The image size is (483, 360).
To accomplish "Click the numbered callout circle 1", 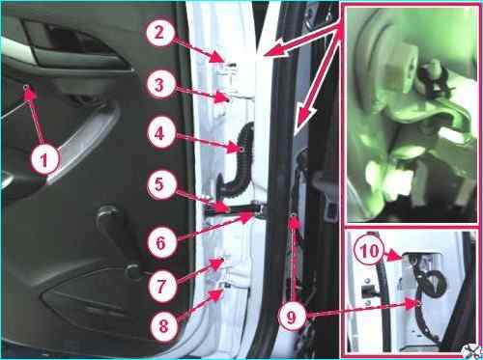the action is click(44, 159).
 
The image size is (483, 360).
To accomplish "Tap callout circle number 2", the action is click(159, 33).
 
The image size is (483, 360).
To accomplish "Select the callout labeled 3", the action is click(159, 85).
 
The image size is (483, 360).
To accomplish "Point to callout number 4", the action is click(159, 133).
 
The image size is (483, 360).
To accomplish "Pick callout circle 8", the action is click(163, 326).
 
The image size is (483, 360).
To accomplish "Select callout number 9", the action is click(291, 318).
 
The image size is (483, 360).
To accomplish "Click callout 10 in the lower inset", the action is click(369, 251).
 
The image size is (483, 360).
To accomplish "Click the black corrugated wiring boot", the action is click(238, 161).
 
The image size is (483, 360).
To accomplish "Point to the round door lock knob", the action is click(132, 272).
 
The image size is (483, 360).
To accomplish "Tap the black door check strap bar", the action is click(232, 210).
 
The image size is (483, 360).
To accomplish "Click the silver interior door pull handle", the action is click(84, 142).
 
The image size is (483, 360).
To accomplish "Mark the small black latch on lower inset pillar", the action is click(368, 291).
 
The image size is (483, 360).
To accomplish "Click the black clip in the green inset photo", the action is click(432, 76).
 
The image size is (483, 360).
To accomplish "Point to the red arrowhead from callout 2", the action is click(219, 58).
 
